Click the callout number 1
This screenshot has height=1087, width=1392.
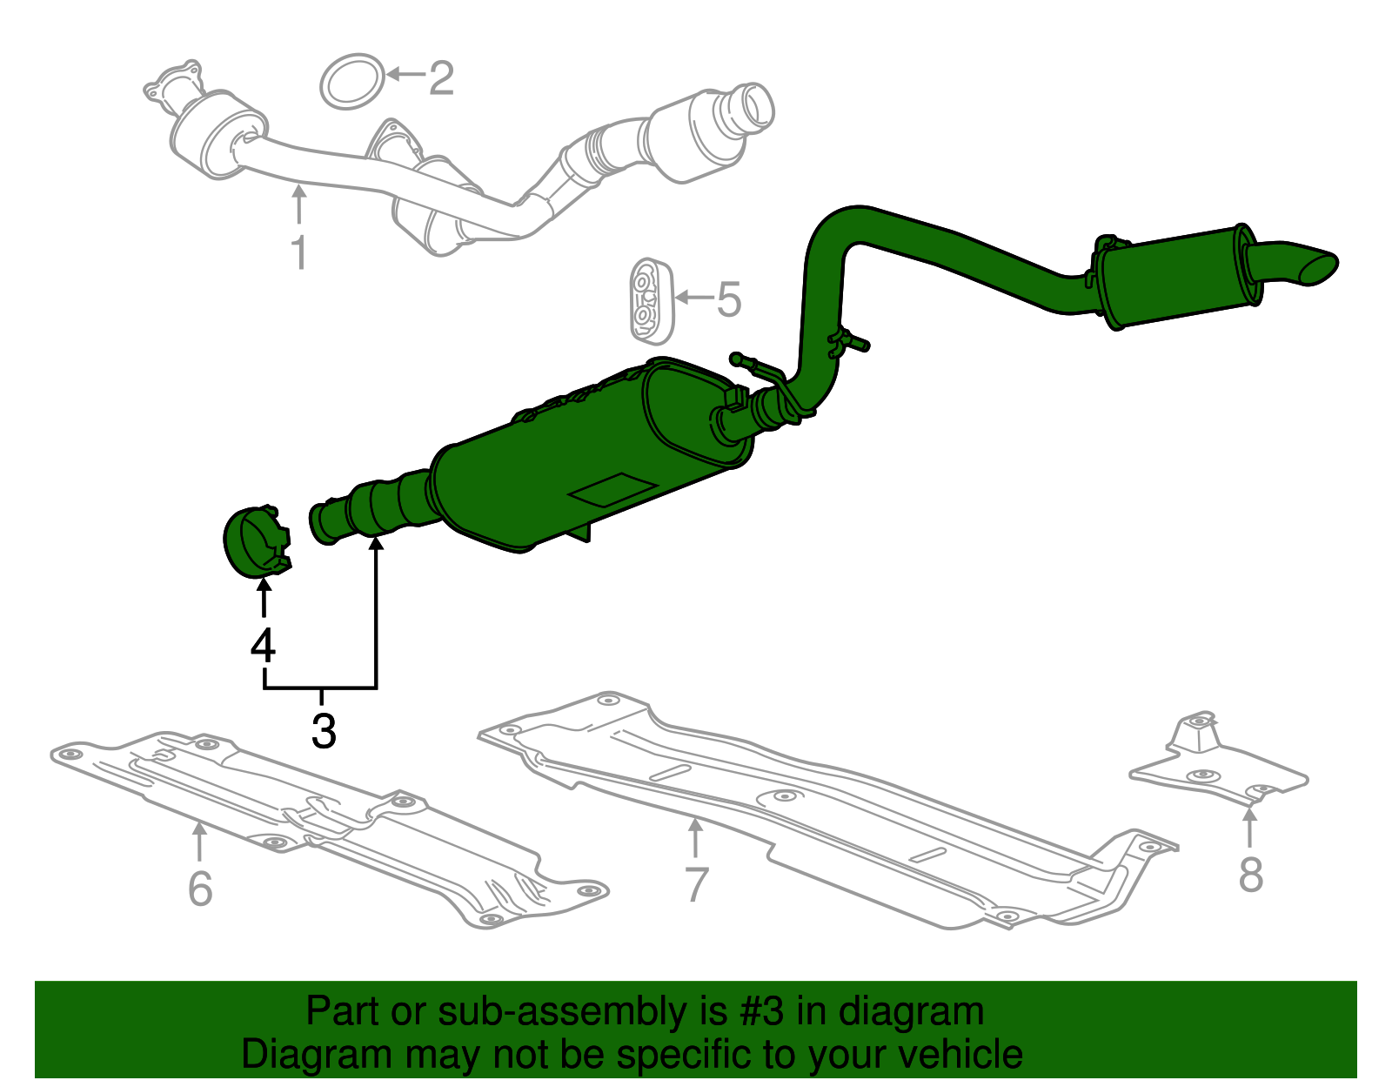point(298,252)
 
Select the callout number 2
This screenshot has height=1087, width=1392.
point(441,78)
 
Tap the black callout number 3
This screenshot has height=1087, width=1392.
point(324,730)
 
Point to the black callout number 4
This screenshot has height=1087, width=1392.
point(263,646)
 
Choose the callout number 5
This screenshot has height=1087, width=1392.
point(728,299)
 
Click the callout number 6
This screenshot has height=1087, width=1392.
point(200,888)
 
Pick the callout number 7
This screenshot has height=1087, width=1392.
point(696,884)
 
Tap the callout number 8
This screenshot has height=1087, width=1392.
point(1250,875)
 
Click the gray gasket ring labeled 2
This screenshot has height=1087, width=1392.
point(352,81)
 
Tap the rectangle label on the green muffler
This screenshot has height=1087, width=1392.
point(612,490)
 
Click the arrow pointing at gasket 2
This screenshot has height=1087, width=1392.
point(405,75)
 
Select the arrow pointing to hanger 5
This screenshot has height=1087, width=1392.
point(693,298)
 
